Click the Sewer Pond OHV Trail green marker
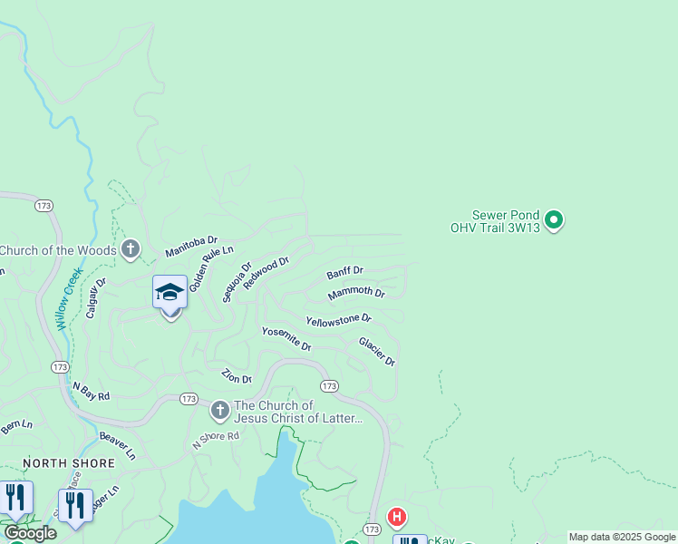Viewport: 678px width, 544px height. (x=555, y=219)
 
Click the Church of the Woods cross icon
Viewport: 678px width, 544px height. (x=131, y=249)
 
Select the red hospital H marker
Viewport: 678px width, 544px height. (x=396, y=518)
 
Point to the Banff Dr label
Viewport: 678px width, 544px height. (x=344, y=271)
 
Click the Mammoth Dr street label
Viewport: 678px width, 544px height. (x=356, y=293)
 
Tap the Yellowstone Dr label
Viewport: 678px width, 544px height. (x=339, y=320)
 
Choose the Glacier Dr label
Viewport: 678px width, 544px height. (x=377, y=352)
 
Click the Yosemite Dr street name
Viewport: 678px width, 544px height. (x=286, y=339)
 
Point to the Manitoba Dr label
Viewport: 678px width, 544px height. (x=191, y=247)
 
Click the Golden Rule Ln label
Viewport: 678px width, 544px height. (x=211, y=267)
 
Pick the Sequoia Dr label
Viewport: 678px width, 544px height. (x=237, y=283)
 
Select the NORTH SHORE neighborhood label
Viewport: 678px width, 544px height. (x=69, y=463)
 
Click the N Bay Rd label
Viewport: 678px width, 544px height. (x=91, y=391)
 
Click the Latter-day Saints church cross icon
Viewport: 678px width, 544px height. (x=219, y=412)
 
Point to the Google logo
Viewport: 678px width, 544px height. (x=31, y=533)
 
